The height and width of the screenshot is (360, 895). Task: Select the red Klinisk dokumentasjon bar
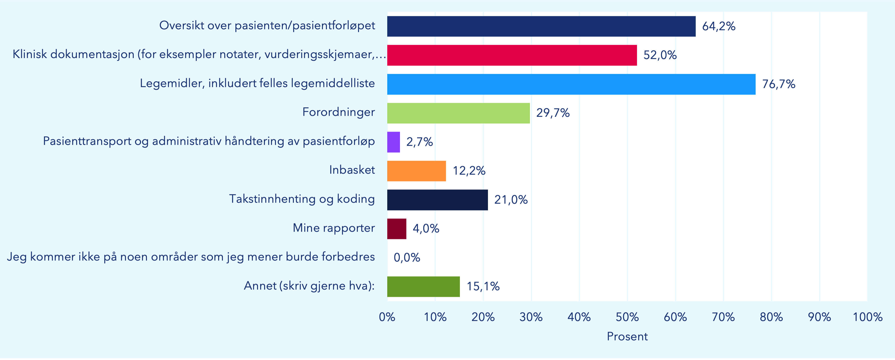tap(512, 55)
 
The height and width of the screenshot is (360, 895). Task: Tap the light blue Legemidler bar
tap(571, 84)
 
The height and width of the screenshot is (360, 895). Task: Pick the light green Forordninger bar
tap(458, 113)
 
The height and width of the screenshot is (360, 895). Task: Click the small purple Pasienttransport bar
tap(394, 142)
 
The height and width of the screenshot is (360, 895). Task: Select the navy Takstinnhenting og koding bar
tap(437, 200)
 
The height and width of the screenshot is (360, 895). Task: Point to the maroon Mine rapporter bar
tap(397, 229)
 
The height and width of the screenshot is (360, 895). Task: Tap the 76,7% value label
tap(778, 84)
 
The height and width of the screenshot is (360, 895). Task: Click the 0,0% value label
tap(407, 257)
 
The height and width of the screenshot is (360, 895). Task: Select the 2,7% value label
tap(419, 142)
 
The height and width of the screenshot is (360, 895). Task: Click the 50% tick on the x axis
tap(627, 317)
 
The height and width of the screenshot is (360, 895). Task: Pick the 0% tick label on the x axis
tap(387, 317)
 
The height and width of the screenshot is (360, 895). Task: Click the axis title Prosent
tap(627, 336)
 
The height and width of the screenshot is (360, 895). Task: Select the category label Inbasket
tap(352, 170)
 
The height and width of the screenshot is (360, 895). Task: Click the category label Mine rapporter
tap(333, 228)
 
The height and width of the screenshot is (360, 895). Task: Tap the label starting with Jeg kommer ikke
tap(191, 257)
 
